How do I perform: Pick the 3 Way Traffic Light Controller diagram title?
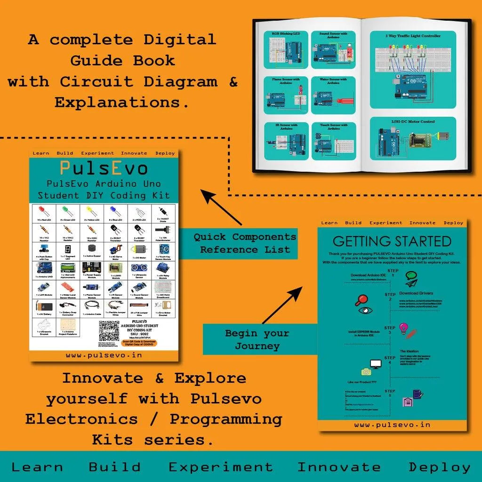coord(413,36)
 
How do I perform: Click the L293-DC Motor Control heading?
coord(413,121)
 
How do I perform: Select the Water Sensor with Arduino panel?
coord(333,95)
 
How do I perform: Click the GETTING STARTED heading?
coord(392,241)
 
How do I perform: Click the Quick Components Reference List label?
coord(245,243)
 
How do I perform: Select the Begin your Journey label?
coord(257,339)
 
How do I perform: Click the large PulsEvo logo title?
coord(104,168)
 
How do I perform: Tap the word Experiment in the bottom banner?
coord(220,467)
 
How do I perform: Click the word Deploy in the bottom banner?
coord(439,467)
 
